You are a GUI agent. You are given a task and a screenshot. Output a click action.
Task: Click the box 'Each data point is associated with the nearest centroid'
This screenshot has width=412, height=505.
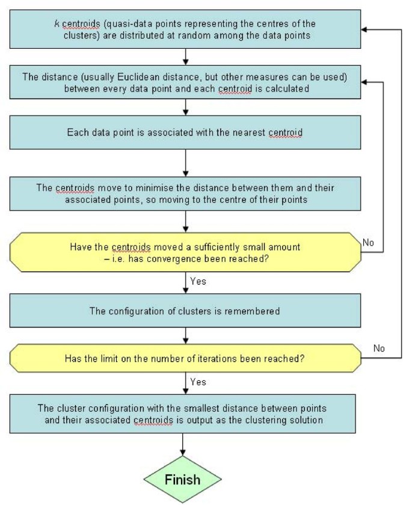click(185, 132)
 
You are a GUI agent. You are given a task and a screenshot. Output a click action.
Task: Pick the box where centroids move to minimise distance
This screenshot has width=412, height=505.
click(185, 194)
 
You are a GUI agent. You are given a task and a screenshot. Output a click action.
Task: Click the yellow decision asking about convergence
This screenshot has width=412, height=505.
click(185, 252)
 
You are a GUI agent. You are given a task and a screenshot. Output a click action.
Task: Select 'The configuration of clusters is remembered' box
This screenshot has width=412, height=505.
click(185, 311)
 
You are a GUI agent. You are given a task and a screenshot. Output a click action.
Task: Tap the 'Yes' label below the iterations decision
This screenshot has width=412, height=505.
click(197, 382)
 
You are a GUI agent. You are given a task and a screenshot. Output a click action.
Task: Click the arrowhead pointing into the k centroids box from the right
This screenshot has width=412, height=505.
click(364, 28)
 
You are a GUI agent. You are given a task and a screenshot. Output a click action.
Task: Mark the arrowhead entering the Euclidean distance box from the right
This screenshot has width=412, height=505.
click(364, 82)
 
